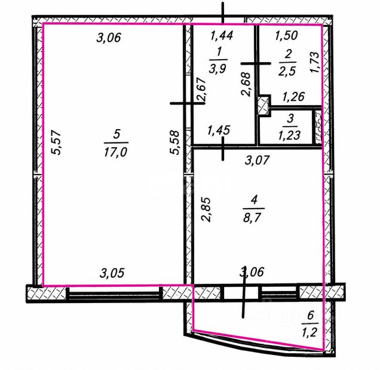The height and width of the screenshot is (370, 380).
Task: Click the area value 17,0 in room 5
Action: coord(115,152)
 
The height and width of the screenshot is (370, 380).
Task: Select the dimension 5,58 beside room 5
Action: coord(174,142)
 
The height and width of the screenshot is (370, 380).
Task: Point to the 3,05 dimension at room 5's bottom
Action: coord(112,273)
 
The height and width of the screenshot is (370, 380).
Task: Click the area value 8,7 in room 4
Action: coord(253,218)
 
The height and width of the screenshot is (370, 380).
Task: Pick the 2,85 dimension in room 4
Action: coord(206,209)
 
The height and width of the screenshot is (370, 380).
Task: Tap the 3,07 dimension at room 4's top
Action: coord(257,160)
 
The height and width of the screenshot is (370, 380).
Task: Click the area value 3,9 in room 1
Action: coord(217,69)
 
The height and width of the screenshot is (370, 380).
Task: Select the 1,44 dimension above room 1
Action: coord(222,35)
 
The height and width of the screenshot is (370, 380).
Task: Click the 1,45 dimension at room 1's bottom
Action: coord(219,130)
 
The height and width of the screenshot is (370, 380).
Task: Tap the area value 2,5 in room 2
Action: coord(287,72)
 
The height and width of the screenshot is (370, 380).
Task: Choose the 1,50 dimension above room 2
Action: coord(286,35)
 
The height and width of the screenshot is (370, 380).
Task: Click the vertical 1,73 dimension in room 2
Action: coord(315,62)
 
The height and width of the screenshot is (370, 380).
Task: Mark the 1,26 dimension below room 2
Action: coord(293,97)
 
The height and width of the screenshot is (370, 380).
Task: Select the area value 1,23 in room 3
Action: coord(289,135)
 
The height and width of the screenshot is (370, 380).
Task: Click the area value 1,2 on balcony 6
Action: coord(309,332)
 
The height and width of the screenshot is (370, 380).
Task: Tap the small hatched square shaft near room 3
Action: coord(264,106)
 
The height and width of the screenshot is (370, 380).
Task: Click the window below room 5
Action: coord(114,294)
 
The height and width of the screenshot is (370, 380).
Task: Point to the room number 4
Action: coord(254,200)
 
